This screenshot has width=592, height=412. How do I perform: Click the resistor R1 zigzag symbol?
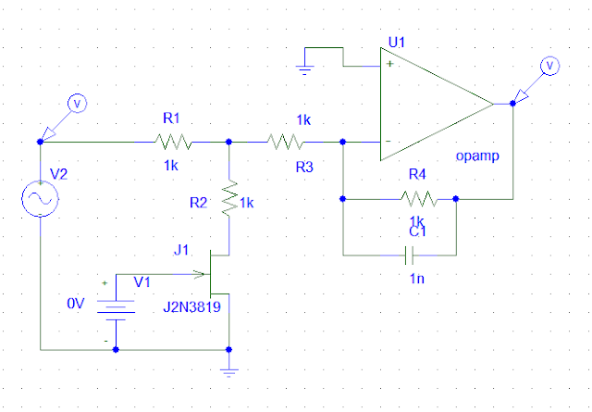point(173,143)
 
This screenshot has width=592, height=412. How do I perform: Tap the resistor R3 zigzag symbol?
point(286,143)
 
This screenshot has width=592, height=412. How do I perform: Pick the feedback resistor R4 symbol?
point(419,197)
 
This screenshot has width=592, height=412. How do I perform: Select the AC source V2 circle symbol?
point(41,199)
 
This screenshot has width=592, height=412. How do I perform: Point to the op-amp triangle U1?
point(435,103)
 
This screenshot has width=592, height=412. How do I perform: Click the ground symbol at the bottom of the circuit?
point(228,372)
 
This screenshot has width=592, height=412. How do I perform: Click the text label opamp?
point(478,156)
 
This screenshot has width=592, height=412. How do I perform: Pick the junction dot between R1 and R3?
point(228,143)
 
